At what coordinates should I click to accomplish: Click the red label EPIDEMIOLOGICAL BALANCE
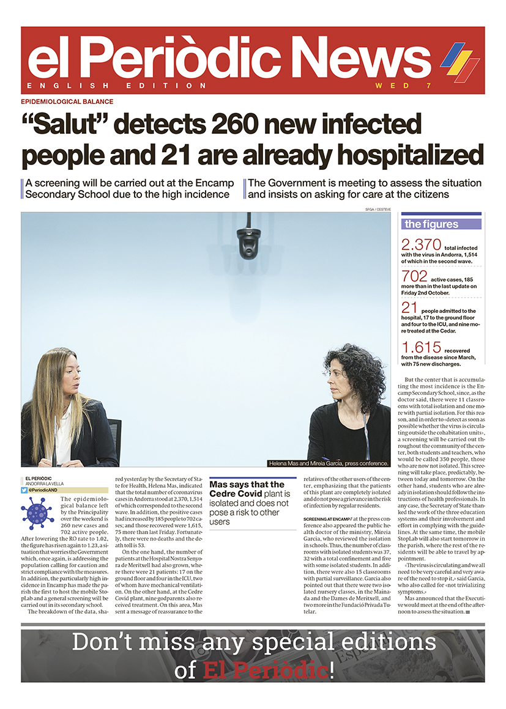(67, 101)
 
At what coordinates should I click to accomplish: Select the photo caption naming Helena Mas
(329, 463)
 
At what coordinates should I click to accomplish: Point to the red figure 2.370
(422, 245)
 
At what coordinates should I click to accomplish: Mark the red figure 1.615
(422, 347)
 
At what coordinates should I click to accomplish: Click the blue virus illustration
(37, 513)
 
